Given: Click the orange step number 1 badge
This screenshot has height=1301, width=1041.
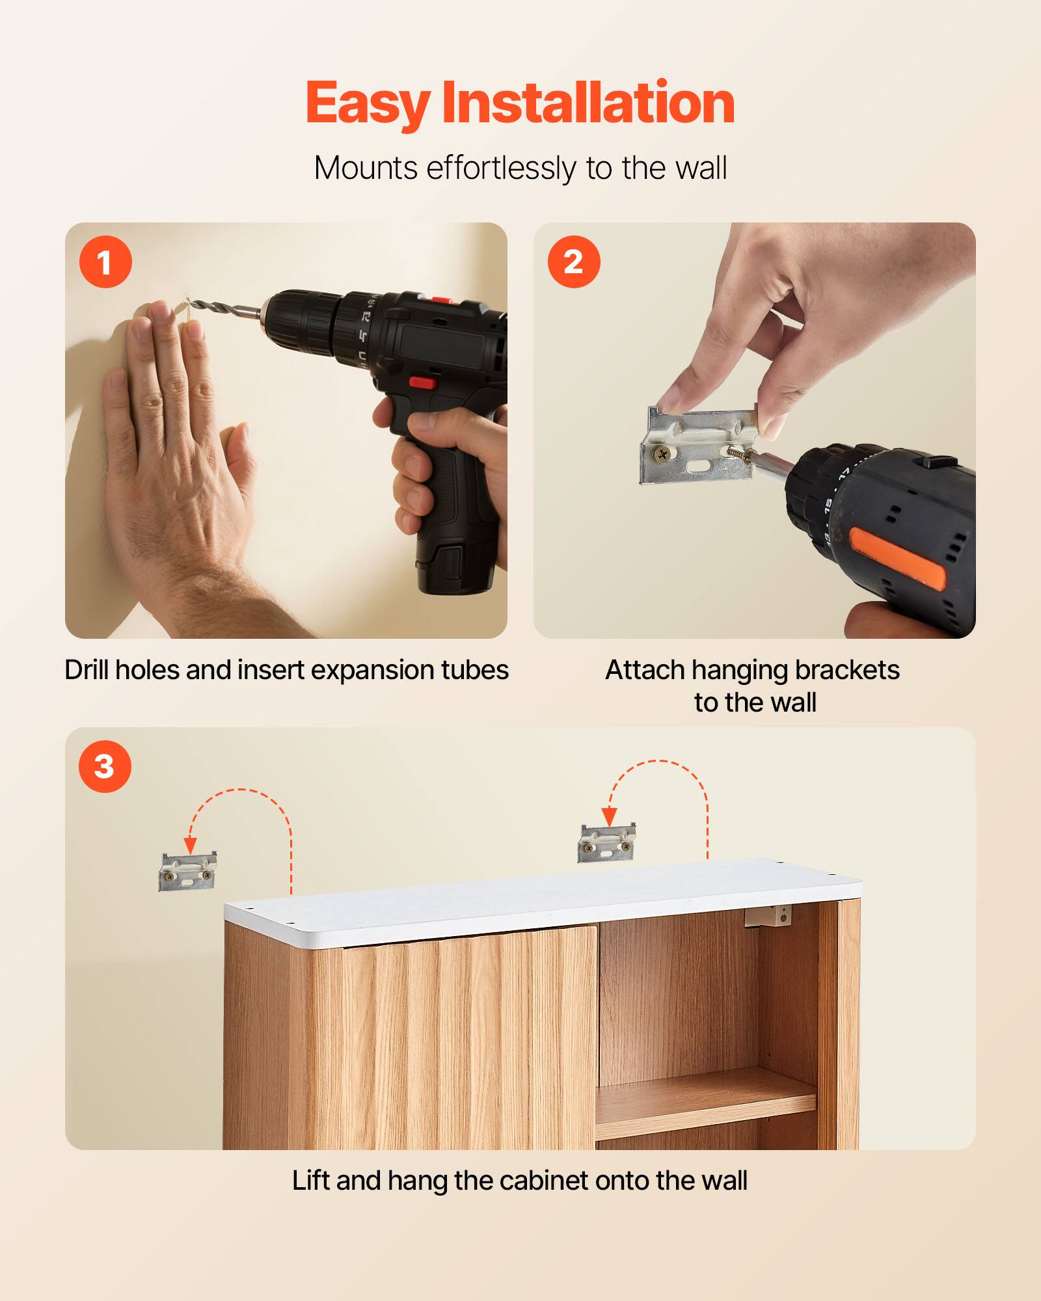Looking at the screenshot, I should pyautogui.click(x=105, y=262).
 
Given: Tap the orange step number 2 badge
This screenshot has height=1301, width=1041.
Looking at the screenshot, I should pyautogui.click(x=573, y=262).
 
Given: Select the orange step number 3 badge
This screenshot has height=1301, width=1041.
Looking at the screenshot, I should pyautogui.click(x=105, y=766).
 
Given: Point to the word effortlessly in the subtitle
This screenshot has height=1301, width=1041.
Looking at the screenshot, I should pyautogui.click(x=501, y=168).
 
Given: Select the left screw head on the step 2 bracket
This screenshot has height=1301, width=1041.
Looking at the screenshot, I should pyautogui.click(x=664, y=455).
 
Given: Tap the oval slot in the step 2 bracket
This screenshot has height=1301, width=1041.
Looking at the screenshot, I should pyautogui.click(x=699, y=466).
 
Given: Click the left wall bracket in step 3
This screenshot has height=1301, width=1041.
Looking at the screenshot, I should pyautogui.click(x=187, y=872).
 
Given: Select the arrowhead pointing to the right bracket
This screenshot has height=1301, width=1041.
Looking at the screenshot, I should pyautogui.click(x=609, y=816).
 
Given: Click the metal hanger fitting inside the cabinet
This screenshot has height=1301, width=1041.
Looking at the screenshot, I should pyautogui.click(x=768, y=917).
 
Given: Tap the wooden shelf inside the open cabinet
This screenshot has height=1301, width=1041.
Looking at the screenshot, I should pyautogui.click(x=706, y=1099).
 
